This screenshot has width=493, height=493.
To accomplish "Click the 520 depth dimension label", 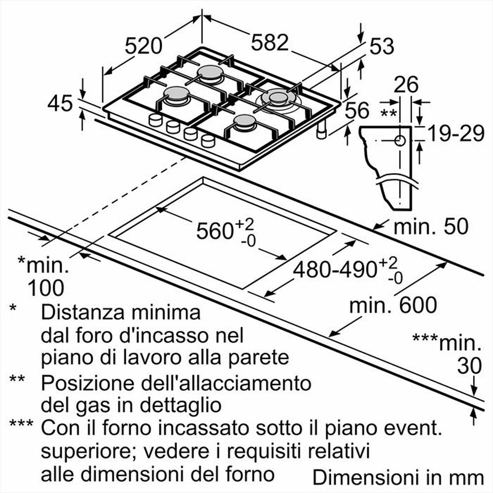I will pos(143,46).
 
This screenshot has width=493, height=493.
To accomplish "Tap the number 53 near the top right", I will pos(382,46).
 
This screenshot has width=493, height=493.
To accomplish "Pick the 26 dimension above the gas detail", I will pos(406,85).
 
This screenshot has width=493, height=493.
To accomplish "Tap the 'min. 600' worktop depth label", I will pos(393,306).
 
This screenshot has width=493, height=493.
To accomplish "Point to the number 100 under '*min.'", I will pos(45,287).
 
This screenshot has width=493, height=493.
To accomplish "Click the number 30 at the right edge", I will pos(468,366).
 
